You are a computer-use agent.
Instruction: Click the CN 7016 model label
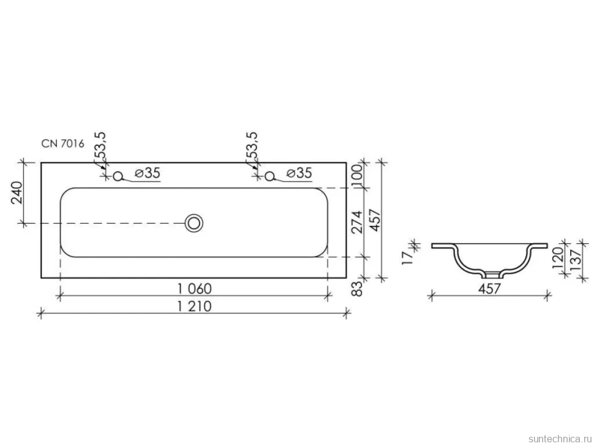pos(63,144)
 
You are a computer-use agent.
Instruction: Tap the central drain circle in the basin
pos(194,223)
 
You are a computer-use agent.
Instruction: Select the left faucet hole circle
pos(118,176)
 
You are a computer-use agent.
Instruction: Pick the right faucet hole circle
pos(269,176)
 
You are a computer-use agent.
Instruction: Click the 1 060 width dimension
pos(195,289)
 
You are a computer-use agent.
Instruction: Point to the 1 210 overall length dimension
pos(195,306)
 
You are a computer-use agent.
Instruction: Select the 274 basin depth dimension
pos(357,222)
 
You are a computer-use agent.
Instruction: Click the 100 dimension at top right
pos(358,174)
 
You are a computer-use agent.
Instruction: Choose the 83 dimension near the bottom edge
pos(358,289)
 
